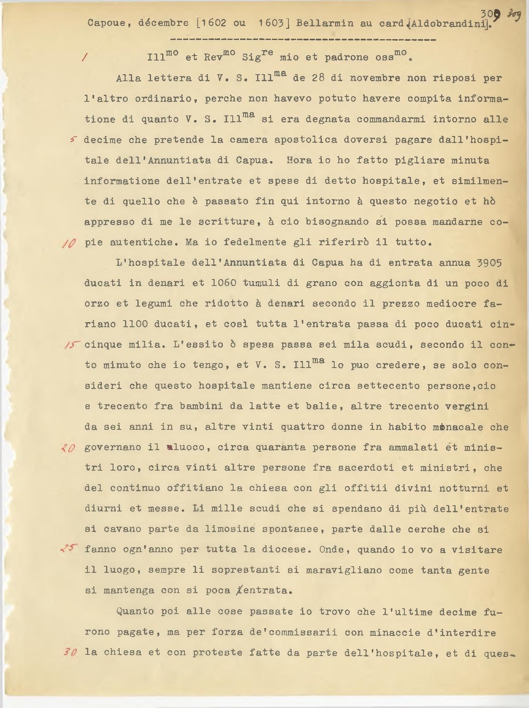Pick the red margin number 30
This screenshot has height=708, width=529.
coord(70,652)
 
